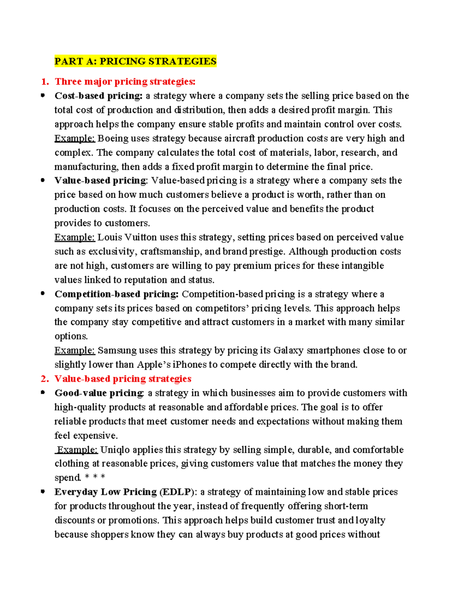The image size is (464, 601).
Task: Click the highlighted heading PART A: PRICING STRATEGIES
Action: coord(135,61)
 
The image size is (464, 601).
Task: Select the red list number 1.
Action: coord(45,82)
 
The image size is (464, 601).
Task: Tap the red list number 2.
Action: coord(45,379)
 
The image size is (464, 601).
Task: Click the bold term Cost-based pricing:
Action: coord(99,96)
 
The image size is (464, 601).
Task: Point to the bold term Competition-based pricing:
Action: coord(116,294)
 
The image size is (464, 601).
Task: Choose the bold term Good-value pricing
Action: coord(99,393)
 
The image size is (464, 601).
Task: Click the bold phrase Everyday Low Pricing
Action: coord(105,492)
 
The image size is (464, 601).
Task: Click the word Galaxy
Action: coord(288,351)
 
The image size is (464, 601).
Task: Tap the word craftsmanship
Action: coord(171,252)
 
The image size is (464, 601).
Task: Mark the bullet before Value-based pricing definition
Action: coord(43,180)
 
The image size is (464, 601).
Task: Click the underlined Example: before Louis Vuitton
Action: coord(75,237)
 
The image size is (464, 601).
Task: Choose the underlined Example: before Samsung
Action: coord(75,351)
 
